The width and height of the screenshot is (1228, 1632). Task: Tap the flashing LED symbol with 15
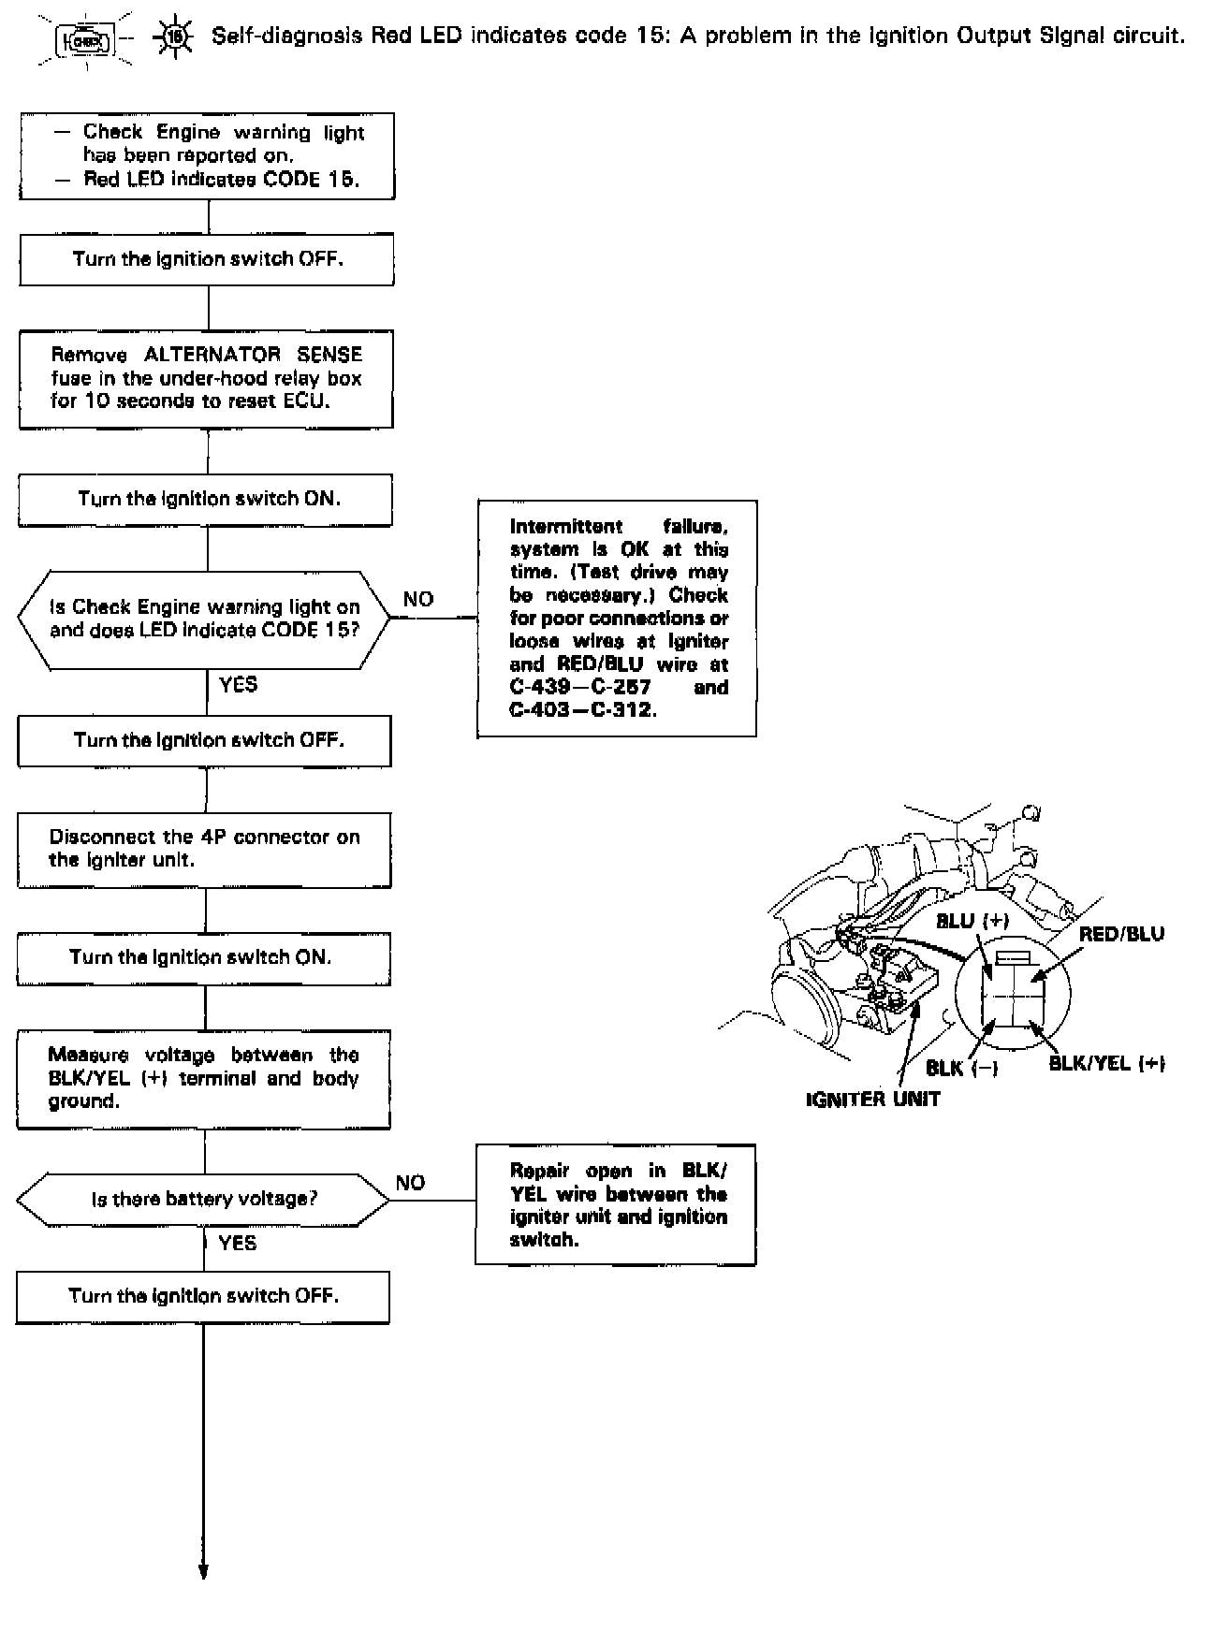175,39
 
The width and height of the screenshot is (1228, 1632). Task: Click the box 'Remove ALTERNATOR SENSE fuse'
207,378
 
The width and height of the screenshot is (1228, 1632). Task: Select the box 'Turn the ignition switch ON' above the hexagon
207,500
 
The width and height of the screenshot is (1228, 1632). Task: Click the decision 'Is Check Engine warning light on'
204,619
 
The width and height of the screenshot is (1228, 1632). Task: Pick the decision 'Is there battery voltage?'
204,1200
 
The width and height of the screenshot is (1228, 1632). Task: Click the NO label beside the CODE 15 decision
418,599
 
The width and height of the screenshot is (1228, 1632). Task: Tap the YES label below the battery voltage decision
237,1243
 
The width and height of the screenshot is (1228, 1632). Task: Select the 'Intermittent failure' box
617,618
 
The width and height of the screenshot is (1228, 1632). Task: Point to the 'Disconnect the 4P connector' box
205,849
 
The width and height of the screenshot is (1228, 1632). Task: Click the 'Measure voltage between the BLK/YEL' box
204,1079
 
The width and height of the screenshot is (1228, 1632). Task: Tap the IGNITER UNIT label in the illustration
872,1099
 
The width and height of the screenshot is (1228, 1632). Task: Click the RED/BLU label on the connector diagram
1121,934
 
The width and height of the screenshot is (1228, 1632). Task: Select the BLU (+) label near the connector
972,921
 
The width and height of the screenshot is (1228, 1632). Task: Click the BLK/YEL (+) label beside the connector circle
1106,1063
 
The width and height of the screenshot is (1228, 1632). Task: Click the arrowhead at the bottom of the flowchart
202,1570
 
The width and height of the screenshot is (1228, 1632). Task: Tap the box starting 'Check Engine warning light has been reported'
208,156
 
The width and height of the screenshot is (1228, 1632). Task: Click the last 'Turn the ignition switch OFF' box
203,1296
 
